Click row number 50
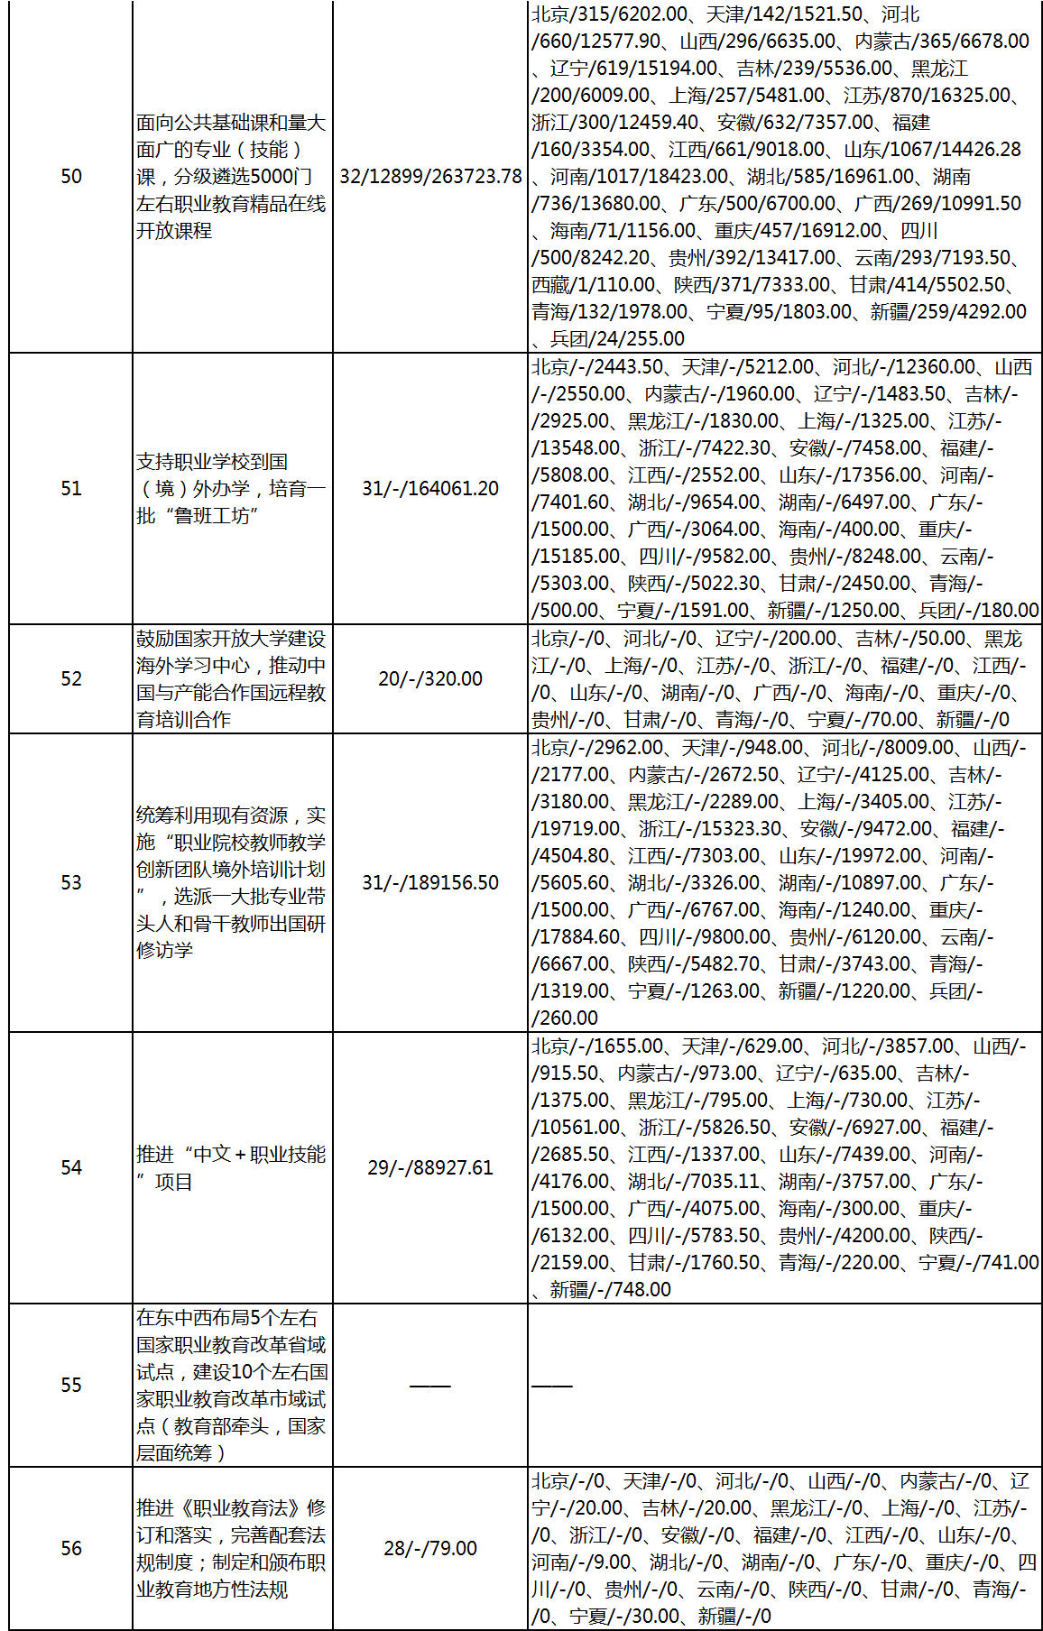tap(71, 177)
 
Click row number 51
tap(71, 489)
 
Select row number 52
tap(71, 679)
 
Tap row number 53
tap(71, 883)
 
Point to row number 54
tap(71, 1168)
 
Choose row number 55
tap(71, 1386)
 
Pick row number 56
tap(71, 1549)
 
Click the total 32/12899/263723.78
tap(430, 177)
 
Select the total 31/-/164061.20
tap(430, 489)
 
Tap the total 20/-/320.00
tap(430, 679)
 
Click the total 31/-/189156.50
tap(430, 883)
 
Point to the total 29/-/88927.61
tap(430, 1168)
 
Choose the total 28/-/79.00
tap(430, 1549)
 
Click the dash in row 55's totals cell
tap(430, 1386)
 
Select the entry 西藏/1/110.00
tap(593, 285)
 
